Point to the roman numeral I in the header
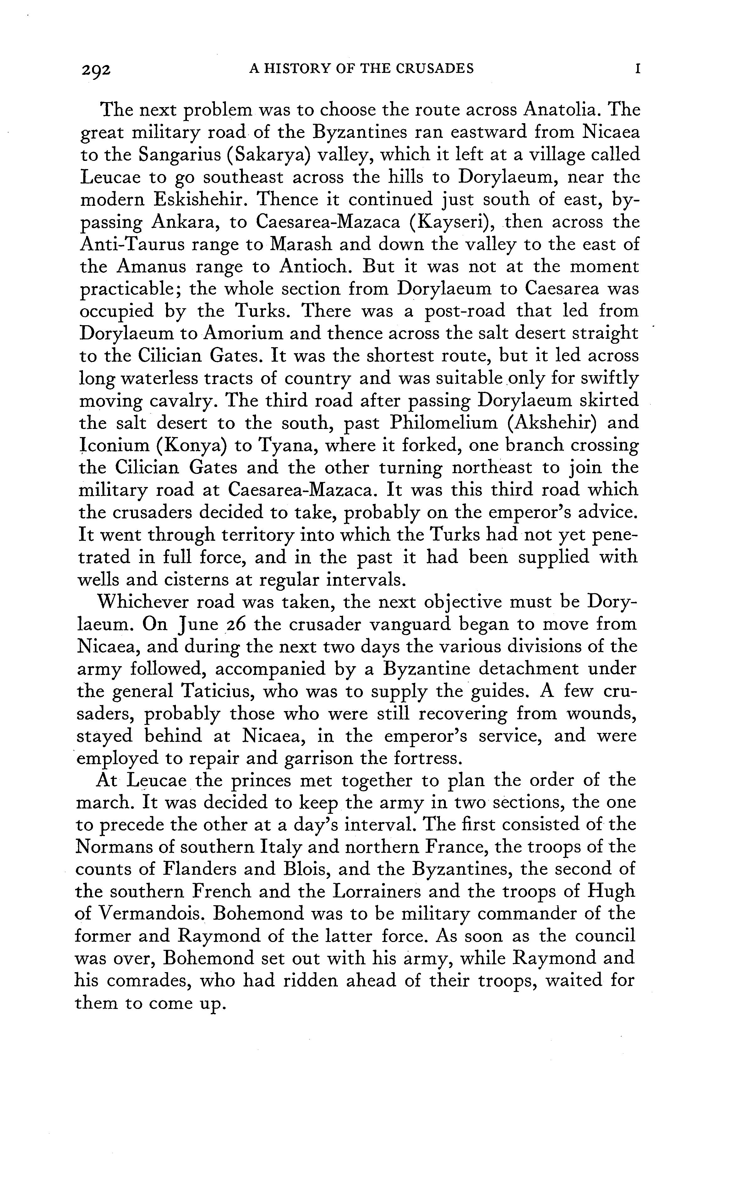[637, 68]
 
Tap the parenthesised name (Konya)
[191, 445]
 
